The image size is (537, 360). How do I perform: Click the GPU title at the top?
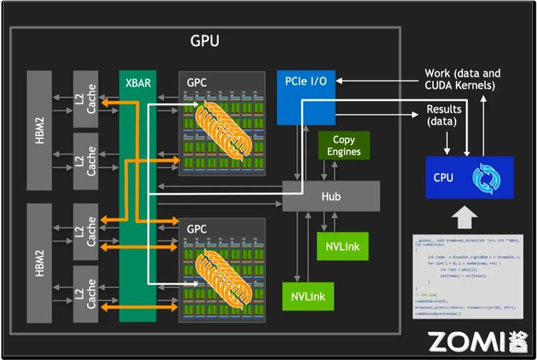tap(204, 41)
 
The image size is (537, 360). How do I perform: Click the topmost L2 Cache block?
tap(86, 99)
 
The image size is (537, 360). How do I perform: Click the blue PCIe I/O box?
tap(307, 96)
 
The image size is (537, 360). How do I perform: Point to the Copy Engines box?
tap(344, 145)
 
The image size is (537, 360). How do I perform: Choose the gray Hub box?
tap(330, 196)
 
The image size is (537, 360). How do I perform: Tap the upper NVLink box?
tap(342, 246)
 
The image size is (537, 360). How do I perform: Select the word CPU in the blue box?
tap(443, 177)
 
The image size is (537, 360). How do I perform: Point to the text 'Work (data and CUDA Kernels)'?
tap(461, 79)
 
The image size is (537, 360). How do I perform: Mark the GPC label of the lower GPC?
tap(197, 230)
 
